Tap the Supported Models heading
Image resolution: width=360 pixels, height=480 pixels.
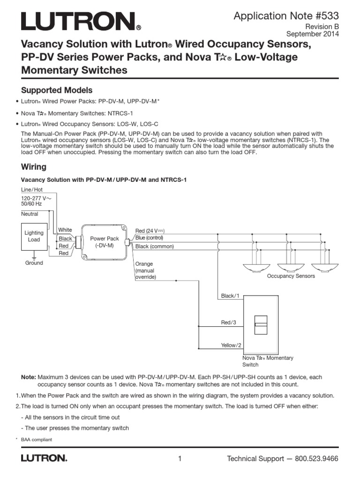(x=57, y=90)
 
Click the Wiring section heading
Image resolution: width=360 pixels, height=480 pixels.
(x=34, y=166)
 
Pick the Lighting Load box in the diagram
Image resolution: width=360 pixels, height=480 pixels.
(x=34, y=236)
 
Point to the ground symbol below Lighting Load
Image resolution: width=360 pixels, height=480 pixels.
(x=34, y=257)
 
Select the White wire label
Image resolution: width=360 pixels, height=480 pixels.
(x=65, y=230)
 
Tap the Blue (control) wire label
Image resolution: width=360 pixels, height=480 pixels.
(x=149, y=238)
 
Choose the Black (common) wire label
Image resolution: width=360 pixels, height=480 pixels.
(x=154, y=247)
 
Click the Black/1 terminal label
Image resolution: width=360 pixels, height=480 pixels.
(x=230, y=296)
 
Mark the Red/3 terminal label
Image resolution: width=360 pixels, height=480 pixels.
(x=229, y=322)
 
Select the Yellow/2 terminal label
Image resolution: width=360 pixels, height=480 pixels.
(x=231, y=345)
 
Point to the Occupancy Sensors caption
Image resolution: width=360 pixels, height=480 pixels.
(x=291, y=276)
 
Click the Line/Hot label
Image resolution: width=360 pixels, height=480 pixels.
(x=31, y=189)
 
